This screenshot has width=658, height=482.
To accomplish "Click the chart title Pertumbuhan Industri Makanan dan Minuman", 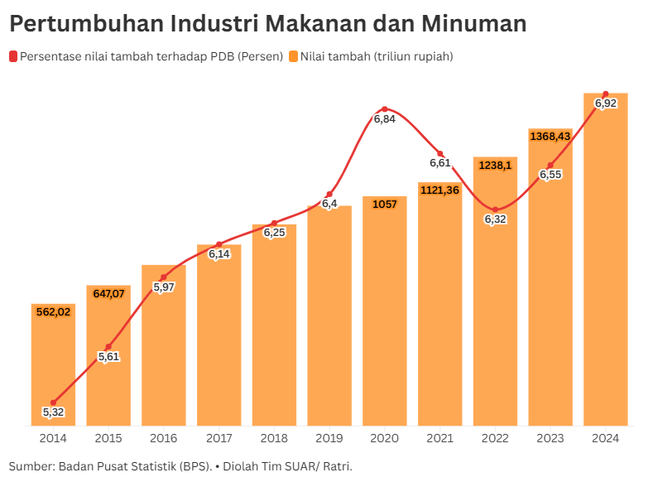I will (267, 24).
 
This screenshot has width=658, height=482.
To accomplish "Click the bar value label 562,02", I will (53, 312).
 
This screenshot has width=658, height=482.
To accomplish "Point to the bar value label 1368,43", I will (550, 136).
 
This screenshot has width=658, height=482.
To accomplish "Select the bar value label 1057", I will (385, 204).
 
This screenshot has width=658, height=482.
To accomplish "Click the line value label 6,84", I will (384, 119).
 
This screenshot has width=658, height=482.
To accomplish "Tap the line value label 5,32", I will (53, 412).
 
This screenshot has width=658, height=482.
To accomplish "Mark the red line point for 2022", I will (495, 210).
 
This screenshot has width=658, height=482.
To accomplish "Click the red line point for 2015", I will (108, 346).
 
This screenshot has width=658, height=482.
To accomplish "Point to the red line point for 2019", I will (329, 194).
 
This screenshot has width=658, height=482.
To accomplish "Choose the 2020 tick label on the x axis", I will (385, 437).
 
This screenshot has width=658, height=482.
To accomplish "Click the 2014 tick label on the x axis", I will (53, 437).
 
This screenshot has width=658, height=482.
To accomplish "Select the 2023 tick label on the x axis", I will (550, 437).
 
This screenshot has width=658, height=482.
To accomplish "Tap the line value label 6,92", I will (606, 104).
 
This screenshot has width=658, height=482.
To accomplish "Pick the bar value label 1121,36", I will (440, 190).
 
